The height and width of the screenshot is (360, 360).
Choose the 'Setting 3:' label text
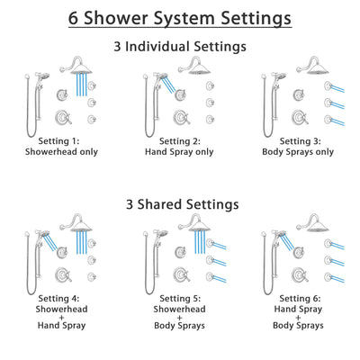pyautogui.click(x=300, y=141)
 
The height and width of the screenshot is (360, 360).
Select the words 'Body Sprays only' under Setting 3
pyautogui.click(x=300, y=153)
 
